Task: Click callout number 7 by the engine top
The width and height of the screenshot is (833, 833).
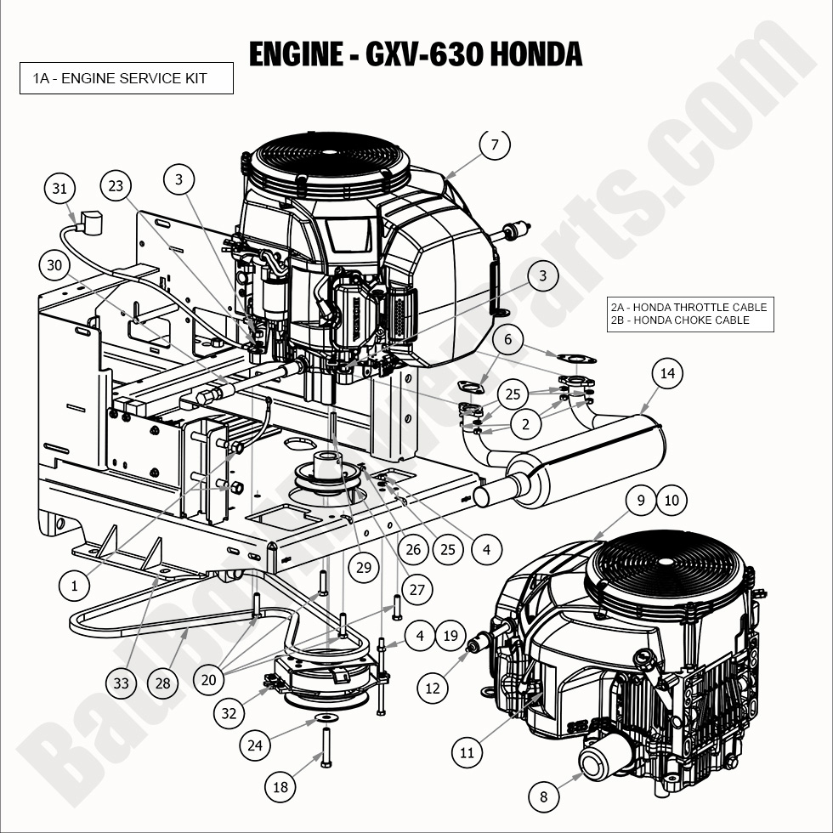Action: [495, 144]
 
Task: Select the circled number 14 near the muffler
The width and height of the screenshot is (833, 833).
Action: [667, 373]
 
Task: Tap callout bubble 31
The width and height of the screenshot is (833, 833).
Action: [59, 189]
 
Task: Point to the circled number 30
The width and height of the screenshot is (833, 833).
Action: [54, 265]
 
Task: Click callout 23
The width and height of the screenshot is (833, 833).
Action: [116, 186]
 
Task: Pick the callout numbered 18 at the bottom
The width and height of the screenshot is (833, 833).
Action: [280, 787]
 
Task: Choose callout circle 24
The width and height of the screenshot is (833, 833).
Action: [254, 746]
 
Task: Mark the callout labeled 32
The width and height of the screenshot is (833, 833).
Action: [229, 713]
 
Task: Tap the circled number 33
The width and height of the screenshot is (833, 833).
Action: [122, 682]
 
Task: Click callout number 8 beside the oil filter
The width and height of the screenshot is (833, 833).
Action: [544, 796]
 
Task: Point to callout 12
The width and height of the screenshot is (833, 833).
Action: [433, 687]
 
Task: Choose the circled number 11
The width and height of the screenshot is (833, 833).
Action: [467, 752]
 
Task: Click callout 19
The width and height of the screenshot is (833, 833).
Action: [450, 635]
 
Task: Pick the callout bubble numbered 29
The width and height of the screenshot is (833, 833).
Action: [364, 568]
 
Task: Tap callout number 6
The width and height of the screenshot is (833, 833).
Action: [508, 340]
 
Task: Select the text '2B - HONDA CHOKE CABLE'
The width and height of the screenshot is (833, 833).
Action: [680, 320]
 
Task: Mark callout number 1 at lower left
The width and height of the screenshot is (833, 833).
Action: [74, 585]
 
